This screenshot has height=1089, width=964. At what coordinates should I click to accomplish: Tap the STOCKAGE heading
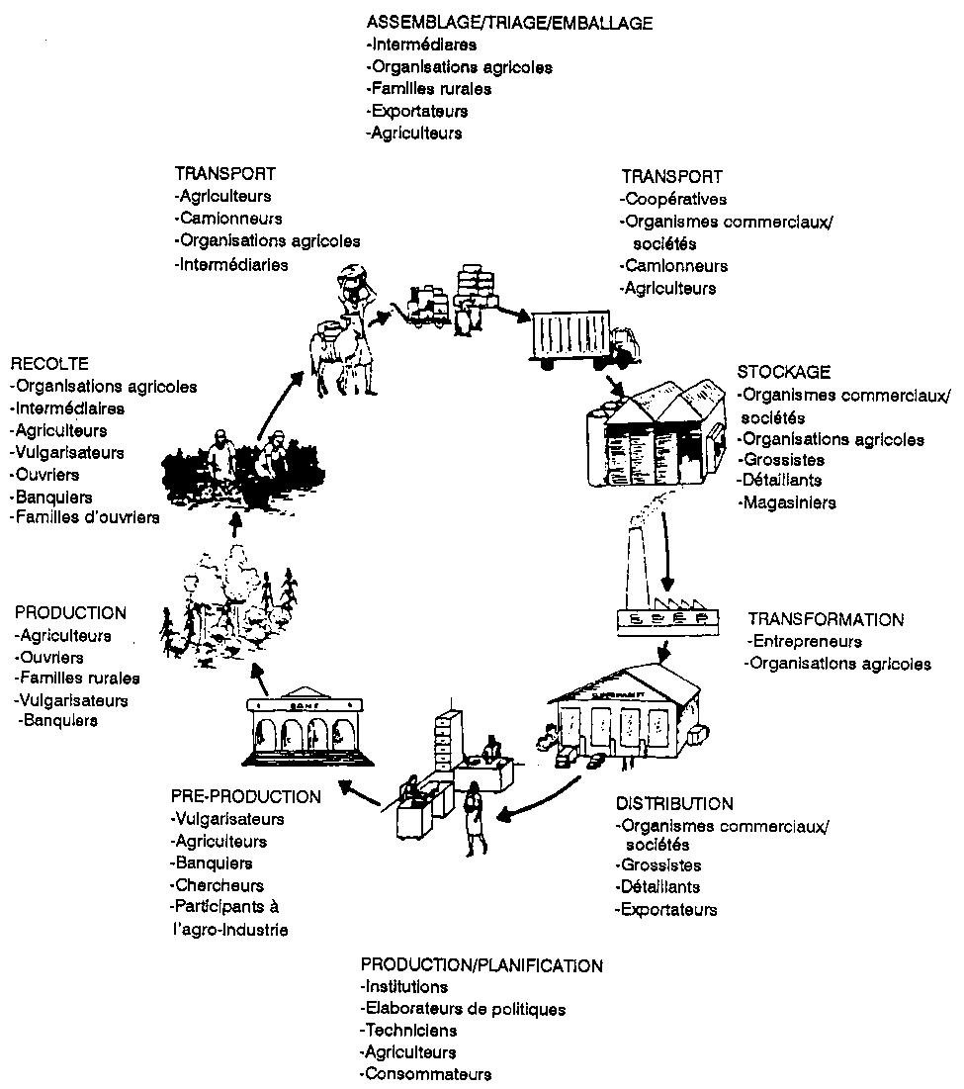783,372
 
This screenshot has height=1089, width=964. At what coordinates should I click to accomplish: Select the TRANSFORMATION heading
825,620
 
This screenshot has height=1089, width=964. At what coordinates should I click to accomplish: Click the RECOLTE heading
49,364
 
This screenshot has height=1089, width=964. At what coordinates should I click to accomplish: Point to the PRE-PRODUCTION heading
245,796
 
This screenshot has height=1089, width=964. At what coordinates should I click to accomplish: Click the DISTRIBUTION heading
673,803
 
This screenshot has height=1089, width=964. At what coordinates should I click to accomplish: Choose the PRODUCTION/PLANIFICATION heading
482,964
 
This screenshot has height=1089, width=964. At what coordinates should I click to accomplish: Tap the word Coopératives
673,200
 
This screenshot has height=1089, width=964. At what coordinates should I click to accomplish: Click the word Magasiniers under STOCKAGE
787,502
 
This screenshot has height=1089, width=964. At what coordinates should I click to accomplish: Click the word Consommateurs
426,1074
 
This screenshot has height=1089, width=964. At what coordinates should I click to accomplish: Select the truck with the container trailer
581,341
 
